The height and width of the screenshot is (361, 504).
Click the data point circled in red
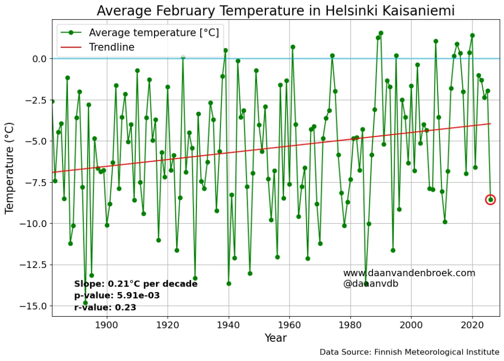coord(490,199)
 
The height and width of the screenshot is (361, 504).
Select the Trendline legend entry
coord(111,47)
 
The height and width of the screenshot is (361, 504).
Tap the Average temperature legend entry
coord(153,33)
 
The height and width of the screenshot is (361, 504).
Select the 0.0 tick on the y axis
coord(39,59)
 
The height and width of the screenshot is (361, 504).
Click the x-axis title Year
coord(275,338)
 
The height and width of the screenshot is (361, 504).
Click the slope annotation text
coord(135,284)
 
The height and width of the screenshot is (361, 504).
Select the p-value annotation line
coord(117,295)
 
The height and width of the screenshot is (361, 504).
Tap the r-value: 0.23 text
coord(105,307)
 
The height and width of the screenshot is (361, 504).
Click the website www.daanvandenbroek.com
coord(409,273)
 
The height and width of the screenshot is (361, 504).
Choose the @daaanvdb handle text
coord(371,284)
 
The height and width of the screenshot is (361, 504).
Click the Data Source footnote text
coord(409,352)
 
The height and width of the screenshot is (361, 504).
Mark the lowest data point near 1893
coord(85,303)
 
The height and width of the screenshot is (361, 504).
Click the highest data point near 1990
coord(381,33)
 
